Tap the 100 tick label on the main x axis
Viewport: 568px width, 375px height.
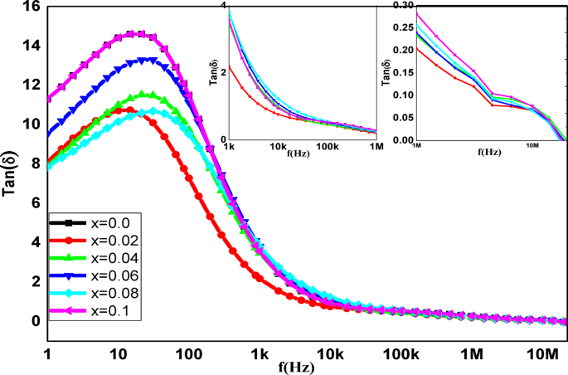pyautogui.click(x=189, y=354)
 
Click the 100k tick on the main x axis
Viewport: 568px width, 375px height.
pyautogui.click(x=401, y=354)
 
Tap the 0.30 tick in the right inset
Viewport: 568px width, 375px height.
pyautogui.click(x=402, y=5)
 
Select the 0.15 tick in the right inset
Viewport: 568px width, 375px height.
pyautogui.click(x=402, y=72)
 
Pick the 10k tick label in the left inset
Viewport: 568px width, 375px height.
pyautogui.click(x=278, y=146)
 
